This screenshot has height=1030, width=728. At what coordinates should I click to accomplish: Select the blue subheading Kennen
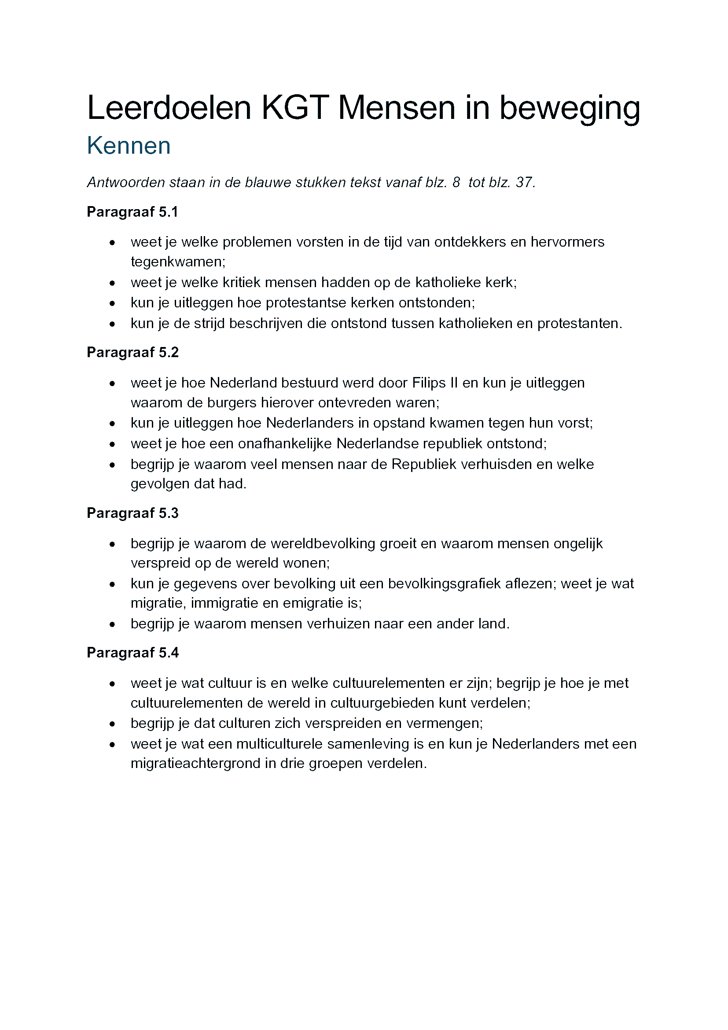pyautogui.click(x=129, y=146)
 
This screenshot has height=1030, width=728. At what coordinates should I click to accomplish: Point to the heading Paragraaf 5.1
pyautogui.click(x=132, y=212)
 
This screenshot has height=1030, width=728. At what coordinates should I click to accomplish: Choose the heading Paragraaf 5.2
pyautogui.click(x=132, y=352)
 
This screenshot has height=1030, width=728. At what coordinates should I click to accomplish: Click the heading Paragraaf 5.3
pyautogui.click(x=132, y=513)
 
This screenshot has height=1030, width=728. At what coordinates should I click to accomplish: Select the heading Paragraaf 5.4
pyautogui.click(x=132, y=653)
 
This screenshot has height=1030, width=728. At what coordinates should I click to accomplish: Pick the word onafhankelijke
pyautogui.click(x=285, y=444)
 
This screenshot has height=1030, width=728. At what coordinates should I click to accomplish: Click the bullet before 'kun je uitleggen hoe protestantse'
pyautogui.click(x=112, y=304)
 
